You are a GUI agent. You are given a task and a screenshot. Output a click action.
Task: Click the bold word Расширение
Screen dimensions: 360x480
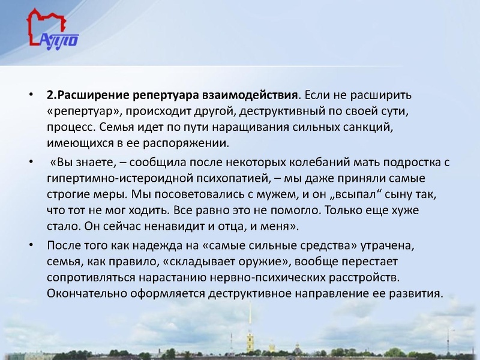[x=92, y=95]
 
